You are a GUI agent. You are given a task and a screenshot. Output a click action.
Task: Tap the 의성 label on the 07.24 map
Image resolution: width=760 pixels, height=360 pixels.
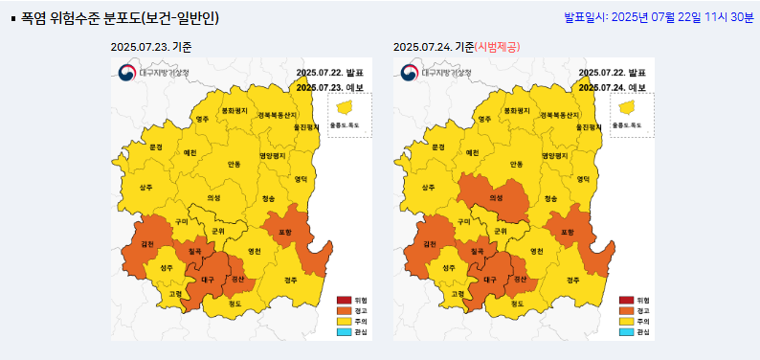coord(496,198)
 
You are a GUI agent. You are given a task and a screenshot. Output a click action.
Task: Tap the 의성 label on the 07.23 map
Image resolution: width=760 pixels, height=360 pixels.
coord(213,198)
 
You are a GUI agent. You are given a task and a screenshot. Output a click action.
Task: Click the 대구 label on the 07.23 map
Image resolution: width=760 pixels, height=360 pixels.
coord(207,280)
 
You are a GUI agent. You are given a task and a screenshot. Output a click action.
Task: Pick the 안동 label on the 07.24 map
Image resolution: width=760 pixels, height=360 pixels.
coord(516,165)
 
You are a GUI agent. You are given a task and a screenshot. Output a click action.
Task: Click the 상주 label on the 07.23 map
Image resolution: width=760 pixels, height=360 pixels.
coord(145,188)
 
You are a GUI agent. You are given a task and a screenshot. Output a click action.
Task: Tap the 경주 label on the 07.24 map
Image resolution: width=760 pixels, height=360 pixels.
coord(572,280)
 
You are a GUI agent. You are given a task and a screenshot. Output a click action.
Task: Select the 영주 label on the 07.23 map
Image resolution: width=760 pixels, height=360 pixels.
coord(202,120)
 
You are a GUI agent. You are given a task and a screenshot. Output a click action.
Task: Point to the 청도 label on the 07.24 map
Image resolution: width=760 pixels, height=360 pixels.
coord(517,304)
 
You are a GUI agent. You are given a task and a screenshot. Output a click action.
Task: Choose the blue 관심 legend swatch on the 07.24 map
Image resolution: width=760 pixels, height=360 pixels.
coord(626,332)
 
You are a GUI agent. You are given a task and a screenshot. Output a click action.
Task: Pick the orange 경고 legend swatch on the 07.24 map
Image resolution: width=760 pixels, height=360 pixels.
coord(626,311)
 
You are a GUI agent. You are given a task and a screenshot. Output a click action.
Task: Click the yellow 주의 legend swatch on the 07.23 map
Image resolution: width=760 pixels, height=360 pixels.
coord(344,322)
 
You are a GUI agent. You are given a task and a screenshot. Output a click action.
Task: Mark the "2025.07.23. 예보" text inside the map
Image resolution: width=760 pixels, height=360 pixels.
coord(329,87)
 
